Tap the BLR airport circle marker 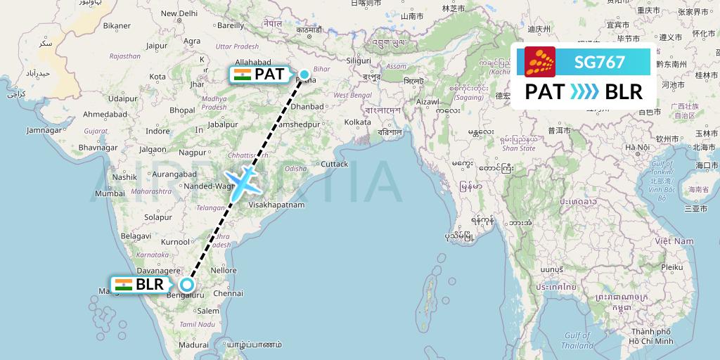coord(186,284)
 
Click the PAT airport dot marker coord(304,74)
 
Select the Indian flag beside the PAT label coord(241,74)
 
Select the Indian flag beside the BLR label coord(123,285)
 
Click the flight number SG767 coord(600,62)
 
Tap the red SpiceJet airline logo coord(540,62)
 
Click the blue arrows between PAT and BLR coord(584,92)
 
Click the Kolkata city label coord(357,122)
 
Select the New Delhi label coord(179,13)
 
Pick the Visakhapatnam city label coord(276,205)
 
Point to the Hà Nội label coord(638,147)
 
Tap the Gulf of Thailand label coord(577,341)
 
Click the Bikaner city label coord(117,26)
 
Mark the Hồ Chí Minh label coord(652,340)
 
